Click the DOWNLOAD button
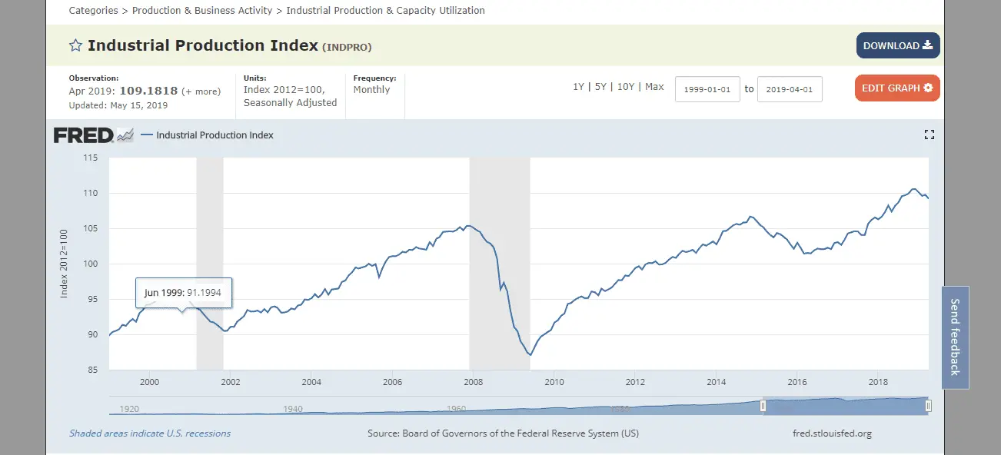(898, 45)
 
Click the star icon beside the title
(75, 45)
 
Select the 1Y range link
(578, 87)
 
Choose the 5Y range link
(600, 87)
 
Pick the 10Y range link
(626, 87)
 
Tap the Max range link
(654, 87)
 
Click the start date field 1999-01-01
(707, 89)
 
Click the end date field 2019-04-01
(790, 89)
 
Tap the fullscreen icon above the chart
(929, 135)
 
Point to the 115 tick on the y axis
(91, 158)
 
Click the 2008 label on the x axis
(474, 382)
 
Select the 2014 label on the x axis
(717, 382)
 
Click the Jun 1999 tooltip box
(183, 293)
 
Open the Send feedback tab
(955, 337)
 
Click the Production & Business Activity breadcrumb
(202, 11)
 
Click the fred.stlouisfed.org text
(832, 433)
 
